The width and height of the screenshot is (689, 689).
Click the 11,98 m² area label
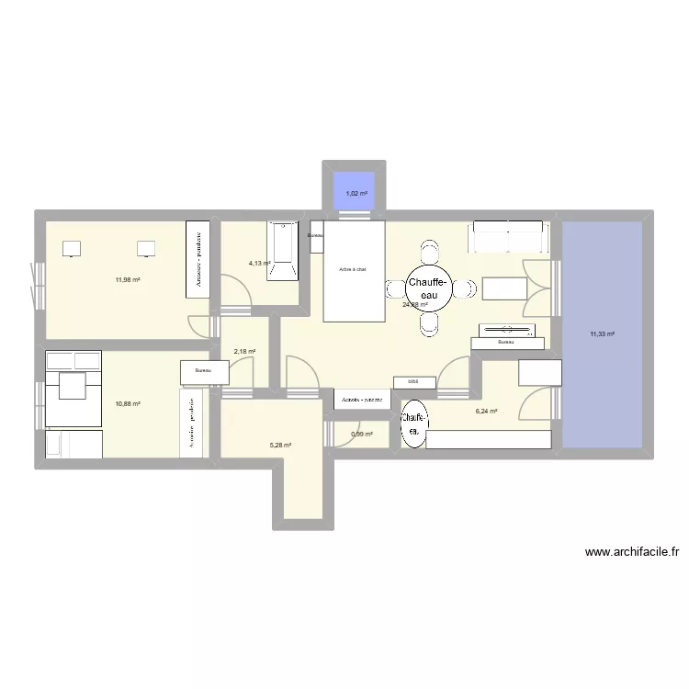click(x=128, y=280)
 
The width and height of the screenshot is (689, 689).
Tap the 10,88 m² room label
click(x=128, y=403)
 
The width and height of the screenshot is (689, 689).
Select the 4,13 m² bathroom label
click(x=260, y=264)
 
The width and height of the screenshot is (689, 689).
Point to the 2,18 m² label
click(x=244, y=351)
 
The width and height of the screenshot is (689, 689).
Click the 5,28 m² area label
click(x=280, y=446)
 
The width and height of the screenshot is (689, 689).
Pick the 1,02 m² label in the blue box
click(x=356, y=194)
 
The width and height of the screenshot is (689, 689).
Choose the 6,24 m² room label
click(x=486, y=412)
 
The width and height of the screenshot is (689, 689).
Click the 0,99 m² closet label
click(x=361, y=435)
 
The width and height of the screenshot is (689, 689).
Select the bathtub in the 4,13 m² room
click(x=284, y=250)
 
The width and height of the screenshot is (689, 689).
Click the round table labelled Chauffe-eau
click(x=428, y=289)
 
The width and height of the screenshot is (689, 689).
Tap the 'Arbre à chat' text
click(x=353, y=270)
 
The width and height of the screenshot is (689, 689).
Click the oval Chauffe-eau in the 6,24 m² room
click(x=413, y=424)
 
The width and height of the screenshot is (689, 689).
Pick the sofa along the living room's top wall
click(x=510, y=236)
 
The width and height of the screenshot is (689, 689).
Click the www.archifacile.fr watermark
click(x=631, y=552)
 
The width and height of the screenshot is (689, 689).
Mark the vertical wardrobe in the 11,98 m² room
click(x=198, y=258)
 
